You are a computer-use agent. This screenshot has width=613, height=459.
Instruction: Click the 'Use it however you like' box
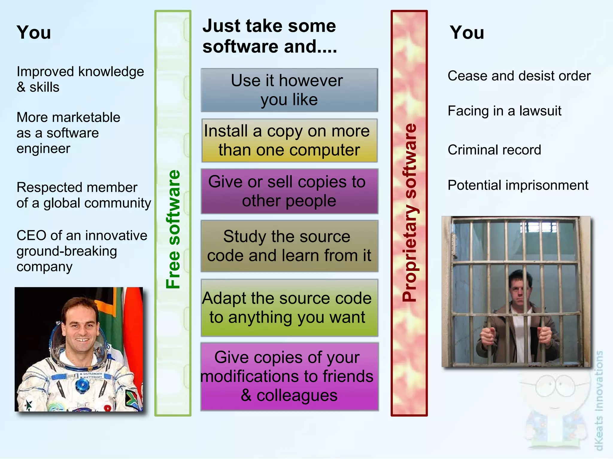tap(289, 90)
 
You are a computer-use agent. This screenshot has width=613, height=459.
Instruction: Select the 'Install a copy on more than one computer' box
tap(289, 140)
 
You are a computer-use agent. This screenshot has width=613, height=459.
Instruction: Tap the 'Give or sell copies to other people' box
tap(289, 191)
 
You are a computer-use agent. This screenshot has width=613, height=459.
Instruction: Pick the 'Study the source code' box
tap(289, 246)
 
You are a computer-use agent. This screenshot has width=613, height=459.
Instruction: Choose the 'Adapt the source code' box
tap(289, 307)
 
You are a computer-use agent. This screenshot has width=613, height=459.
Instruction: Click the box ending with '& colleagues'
tap(289, 376)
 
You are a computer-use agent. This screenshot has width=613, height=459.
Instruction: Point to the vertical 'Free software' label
tap(173, 229)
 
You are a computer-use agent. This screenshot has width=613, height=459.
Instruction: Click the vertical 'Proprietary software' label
tap(409, 212)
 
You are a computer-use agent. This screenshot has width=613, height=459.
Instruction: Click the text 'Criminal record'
tap(494, 150)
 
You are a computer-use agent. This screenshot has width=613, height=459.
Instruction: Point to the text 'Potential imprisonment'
tap(518, 185)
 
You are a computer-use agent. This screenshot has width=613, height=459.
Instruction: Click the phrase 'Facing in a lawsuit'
tap(504, 111)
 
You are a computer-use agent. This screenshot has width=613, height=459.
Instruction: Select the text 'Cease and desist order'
tap(519, 76)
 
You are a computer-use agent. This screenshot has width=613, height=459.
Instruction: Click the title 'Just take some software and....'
tap(269, 36)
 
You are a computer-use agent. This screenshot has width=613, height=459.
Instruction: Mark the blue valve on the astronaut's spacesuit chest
tap(80, 385)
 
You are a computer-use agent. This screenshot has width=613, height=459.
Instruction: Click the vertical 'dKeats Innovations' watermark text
tap(599, 401)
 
